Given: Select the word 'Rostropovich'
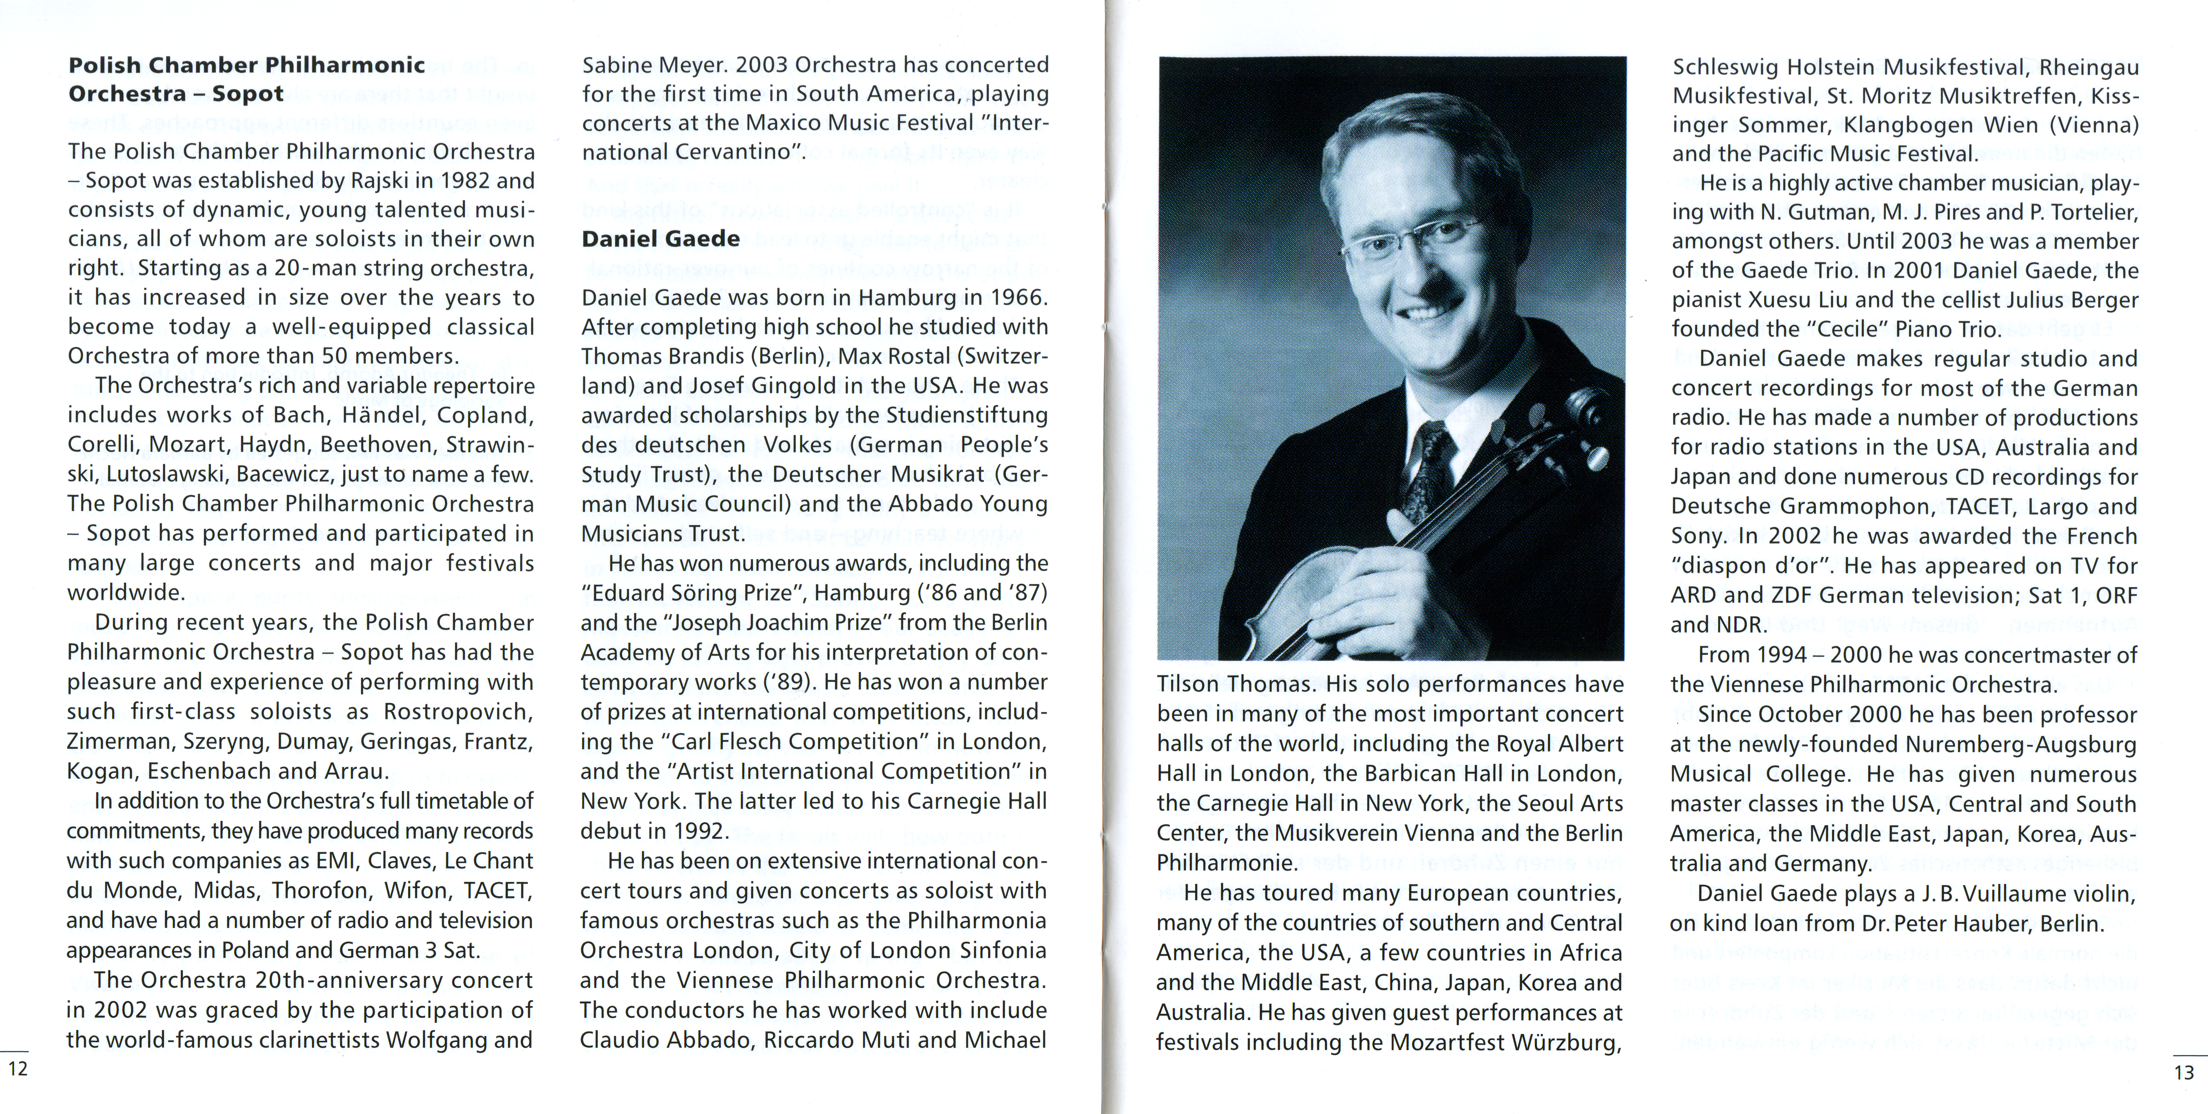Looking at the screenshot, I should click(x=458, y=712).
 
